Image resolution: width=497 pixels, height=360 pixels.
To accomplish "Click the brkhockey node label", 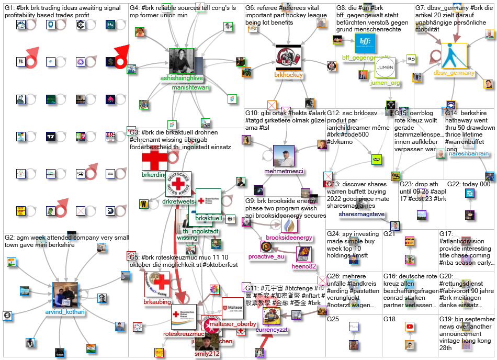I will (x=288, y=75).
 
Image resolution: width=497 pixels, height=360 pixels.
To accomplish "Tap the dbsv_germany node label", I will (x=454, y=73).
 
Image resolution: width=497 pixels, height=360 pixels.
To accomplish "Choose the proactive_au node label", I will (x=266, y=256).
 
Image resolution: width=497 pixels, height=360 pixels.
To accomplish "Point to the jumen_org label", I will (x=385, y=83).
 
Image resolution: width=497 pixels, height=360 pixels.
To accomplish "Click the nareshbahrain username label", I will (x=469, y=154).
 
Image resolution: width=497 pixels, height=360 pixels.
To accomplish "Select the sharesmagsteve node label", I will (x=362, y=214).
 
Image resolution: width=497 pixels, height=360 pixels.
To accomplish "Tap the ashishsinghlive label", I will (x=181, y=78).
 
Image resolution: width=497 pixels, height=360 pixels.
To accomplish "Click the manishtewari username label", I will (x=190, y=87).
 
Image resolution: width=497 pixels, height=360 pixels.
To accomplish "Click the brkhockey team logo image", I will (x=288, y=58).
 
